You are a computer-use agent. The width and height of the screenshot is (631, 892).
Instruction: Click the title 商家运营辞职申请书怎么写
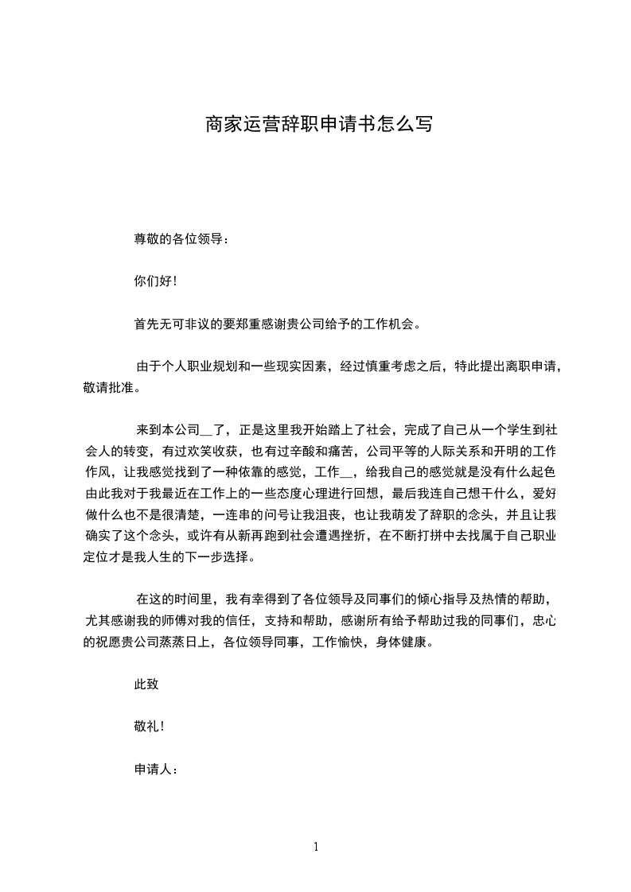pos(319,124)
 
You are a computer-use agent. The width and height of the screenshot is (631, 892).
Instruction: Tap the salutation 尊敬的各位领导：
pos(182,239)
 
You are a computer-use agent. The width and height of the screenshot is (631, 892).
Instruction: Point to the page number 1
pos(316,847)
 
